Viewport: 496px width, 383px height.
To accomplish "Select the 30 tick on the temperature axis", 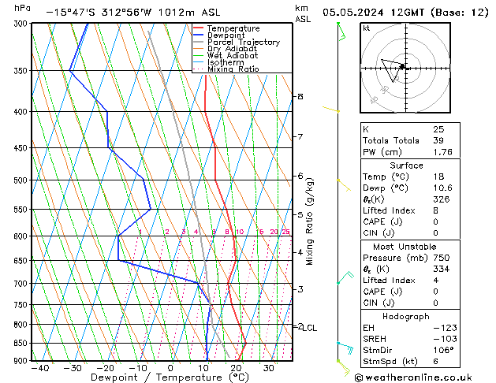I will (x=269, y=368).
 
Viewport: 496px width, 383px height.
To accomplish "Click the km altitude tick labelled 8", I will (x=300, y=96).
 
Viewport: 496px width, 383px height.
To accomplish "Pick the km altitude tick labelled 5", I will (x=300, y=214).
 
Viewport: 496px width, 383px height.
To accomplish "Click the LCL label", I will (x=310, y=328).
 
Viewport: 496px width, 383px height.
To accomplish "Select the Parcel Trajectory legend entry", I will (x=243, y=43).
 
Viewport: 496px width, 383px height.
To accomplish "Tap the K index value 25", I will (x=438, y=129).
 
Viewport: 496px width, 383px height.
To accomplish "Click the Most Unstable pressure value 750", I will (x=442, y=258).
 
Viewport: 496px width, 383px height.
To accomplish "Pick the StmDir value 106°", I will (x=443, y=350).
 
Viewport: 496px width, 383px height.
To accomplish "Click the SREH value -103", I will (x=443, y=338).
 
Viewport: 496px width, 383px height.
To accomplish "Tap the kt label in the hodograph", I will (x=366, y=28).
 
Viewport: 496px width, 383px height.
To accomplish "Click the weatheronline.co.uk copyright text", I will (x=424, y=377).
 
